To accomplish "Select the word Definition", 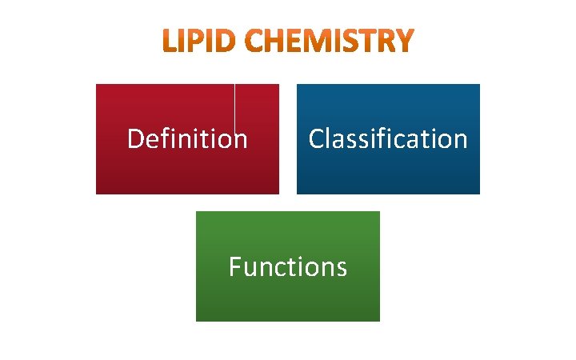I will click(187, 139).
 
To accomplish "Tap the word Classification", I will click(388, 139).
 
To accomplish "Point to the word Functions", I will click(287, 266).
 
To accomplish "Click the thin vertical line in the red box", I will click(234, 108).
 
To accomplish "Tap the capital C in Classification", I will click(317, 139).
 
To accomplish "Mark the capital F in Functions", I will click(234, 266).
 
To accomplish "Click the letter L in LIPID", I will click(170, 42).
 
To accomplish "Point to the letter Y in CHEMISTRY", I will click(406, 42).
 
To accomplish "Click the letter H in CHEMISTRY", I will click(277, 42).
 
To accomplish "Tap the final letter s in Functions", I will click(342, 267).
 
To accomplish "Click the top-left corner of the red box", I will click(97, 85).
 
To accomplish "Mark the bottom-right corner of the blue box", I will click(479, 193).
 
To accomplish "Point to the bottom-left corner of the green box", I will click(197, 320).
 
